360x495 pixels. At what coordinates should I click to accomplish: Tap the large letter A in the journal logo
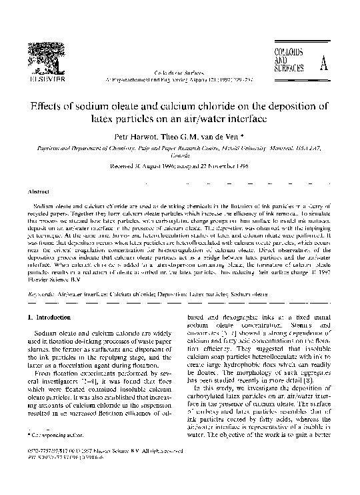(323, 65)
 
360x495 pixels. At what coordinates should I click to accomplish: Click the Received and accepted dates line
(179, 169)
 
